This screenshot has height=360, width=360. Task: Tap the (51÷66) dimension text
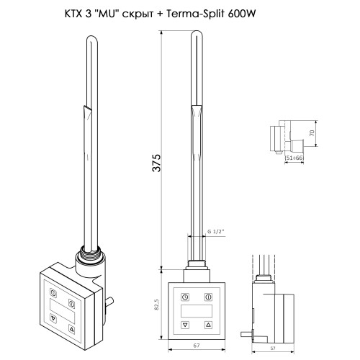[x=294, y=158]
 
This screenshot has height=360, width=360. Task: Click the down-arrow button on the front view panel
[x=185, y=325]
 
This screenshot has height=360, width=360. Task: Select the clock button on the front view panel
[x=185, y=297]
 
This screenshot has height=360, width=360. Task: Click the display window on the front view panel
[x=196, y=310]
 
